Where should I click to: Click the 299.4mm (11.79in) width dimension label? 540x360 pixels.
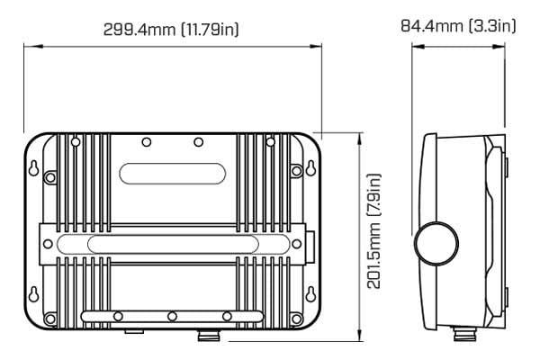[x=171, y=30]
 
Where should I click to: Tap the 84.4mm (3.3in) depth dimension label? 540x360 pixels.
[x=458, y=26]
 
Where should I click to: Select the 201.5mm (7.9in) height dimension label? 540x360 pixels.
[x=373, y=231]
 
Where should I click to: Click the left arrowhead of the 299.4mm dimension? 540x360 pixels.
[x=33, y=46]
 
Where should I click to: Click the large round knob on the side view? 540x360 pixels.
[x=436, y=244]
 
